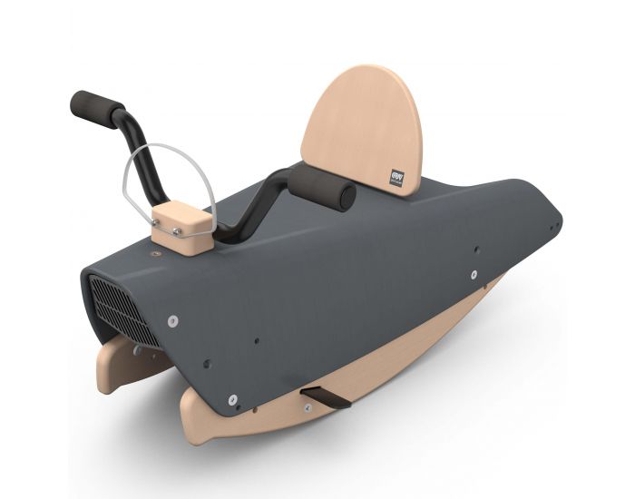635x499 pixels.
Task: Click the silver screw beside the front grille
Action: [x=172, y=320]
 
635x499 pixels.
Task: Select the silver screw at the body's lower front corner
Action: [x=233, y=397]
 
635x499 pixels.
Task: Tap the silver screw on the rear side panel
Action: [x=474, y=274]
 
